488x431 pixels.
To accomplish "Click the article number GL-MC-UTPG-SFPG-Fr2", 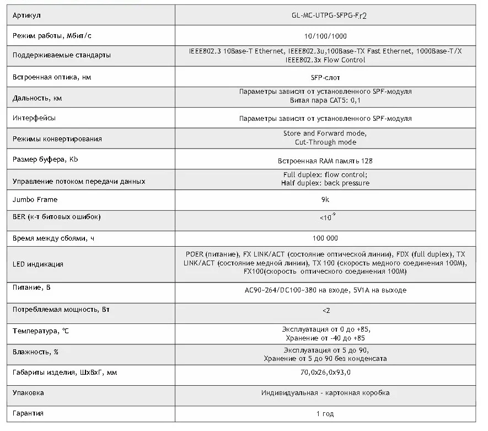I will click(325, 15).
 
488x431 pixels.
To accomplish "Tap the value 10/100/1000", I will click(325, 36).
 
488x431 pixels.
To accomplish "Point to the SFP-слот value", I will click(325, 77).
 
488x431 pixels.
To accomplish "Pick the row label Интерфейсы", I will click(34, 118).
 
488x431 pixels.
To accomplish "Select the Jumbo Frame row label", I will click(35, 199).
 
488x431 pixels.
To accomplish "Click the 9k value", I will click(325, 199).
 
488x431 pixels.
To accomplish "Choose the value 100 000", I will click(325, 238).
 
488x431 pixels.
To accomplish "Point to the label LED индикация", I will click(37, 263).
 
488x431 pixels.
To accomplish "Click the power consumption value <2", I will click(325, 310).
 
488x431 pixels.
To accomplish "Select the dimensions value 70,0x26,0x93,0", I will click(325, 373).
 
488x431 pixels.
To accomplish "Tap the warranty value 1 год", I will click(325, 413).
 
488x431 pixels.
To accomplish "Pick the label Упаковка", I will click(28, 393).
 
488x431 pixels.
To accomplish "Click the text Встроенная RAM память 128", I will click(325, 161).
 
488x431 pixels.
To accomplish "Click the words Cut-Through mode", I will click(325, 142).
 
